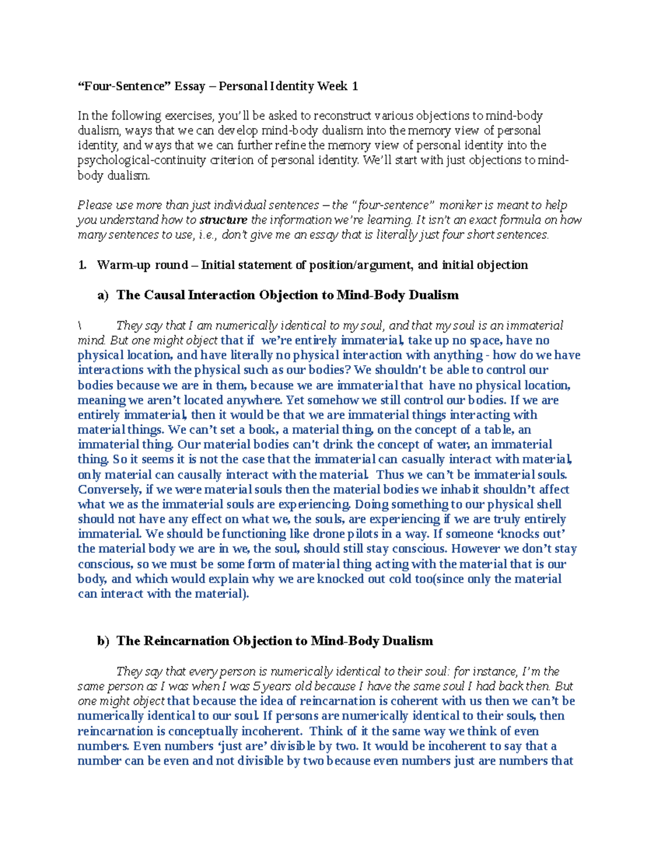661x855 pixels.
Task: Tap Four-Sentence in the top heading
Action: pos(124,86)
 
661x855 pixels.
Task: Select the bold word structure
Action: pos(223,220)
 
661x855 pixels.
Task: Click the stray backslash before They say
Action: pos(80,326)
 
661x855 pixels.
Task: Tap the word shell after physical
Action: pos(548,504)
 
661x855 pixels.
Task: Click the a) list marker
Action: pos(103,296)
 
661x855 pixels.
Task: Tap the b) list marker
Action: pos(103,641)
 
